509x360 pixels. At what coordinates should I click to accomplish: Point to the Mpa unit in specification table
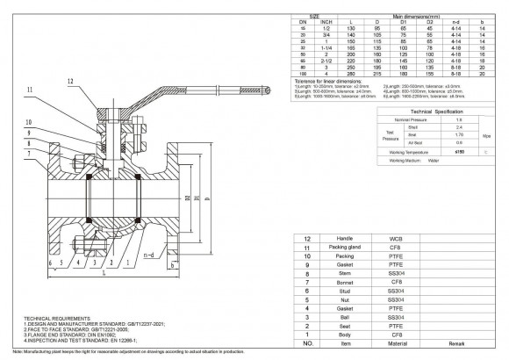point(487,136)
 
